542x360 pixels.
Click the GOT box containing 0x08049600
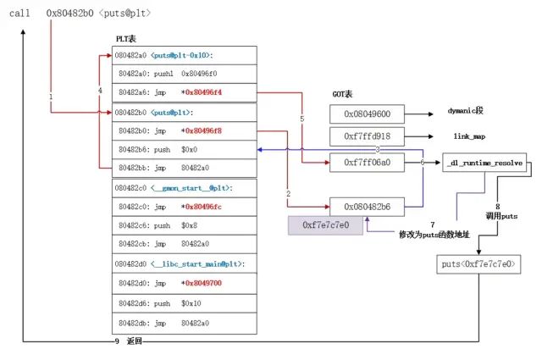pos(367,114)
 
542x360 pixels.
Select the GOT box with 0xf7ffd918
pos(367,137)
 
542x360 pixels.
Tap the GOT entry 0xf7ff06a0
pos(367,161)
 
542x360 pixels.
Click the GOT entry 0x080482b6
pos(367,206)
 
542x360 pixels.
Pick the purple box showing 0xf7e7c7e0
pos(324,225)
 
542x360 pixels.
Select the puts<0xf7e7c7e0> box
pos(478,265)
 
